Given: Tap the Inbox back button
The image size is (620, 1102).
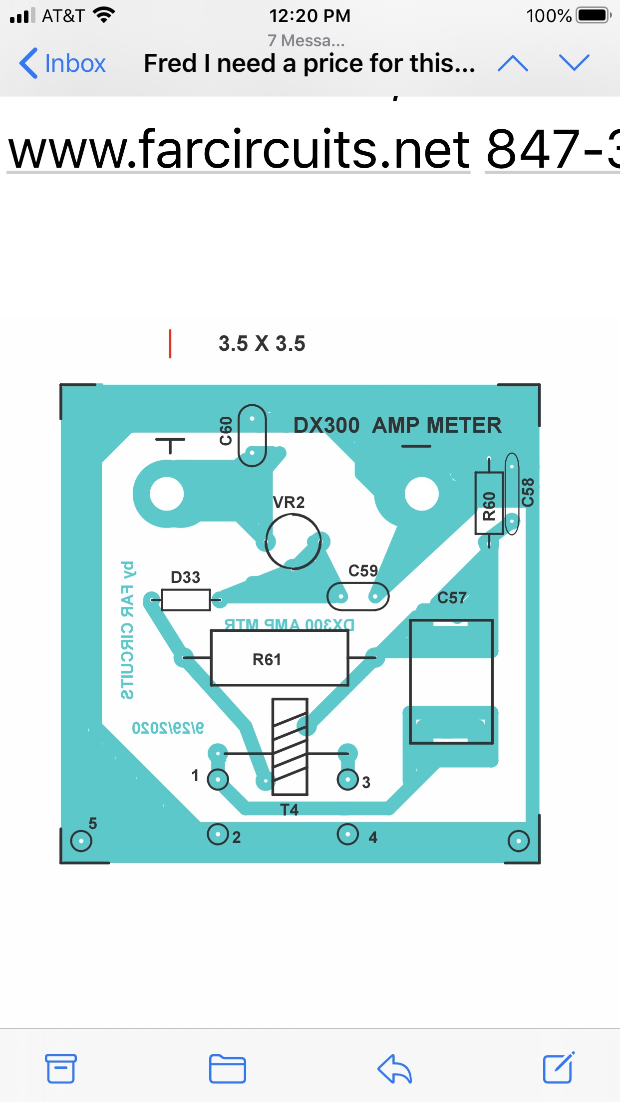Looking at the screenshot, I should click(x=62, y=63).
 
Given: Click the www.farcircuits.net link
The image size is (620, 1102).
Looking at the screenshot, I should click(x=239, y=149).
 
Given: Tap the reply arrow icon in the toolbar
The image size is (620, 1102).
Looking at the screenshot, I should click(x=394, y=1069).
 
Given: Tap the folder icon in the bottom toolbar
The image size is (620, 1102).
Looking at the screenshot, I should click(x=227, y=1069).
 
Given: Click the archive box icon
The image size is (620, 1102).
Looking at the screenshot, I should click(x=61, y=1069).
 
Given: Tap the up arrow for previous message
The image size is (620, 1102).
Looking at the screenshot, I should click(x=513, y=63).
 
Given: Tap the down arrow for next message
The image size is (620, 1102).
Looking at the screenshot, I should click(x=574, y=63).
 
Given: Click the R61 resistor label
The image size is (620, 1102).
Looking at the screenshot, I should click(x=267, y=660).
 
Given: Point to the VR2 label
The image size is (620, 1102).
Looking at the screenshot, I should click(x=289, y=502).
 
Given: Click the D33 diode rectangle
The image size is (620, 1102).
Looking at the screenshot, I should click(x=186, y=599).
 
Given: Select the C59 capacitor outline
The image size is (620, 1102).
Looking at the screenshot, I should click(x=357, y=596).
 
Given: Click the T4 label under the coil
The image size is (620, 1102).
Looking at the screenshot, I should click(x=289, y=810).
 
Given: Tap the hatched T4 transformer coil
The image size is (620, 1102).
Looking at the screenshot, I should click(x=290, y=746).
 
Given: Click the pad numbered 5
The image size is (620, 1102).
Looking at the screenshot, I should click(x=81, y=841).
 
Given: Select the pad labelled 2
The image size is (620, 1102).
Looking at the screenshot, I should click(x=218, y=834).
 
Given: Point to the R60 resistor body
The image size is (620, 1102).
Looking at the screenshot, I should click(x=489, y=503).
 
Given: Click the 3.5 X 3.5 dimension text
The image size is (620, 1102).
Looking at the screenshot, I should click(x=262, y=344).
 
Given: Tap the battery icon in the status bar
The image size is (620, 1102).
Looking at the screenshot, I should click(x=594, y=15).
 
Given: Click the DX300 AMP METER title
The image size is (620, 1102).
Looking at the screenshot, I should click(x=397, y=425).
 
